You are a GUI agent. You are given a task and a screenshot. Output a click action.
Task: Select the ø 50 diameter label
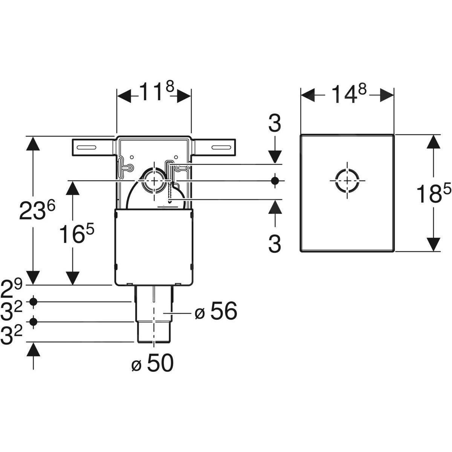(x=152, y=364)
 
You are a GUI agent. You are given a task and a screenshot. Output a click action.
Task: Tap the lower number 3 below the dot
(x=275, y=244)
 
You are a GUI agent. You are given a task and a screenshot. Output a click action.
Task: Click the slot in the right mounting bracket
(x=221, y=147)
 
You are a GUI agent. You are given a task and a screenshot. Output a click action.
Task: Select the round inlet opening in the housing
(x=153, y=180)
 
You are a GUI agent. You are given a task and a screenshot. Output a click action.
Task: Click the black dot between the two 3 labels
(x=275, y=180)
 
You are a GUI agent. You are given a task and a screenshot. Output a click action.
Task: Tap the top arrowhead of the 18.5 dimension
(x=434, y=142)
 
